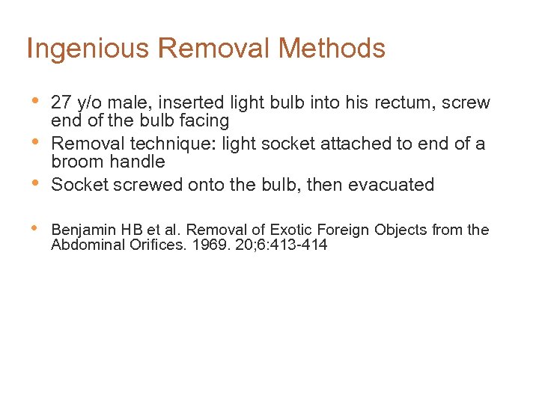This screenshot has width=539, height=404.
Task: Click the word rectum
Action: tap(401, 102)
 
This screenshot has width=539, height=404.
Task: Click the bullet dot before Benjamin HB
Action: tap(34, 227)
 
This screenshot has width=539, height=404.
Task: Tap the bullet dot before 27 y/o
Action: tap(34, 100)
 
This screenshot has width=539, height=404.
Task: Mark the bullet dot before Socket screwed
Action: tap(34, 182)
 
